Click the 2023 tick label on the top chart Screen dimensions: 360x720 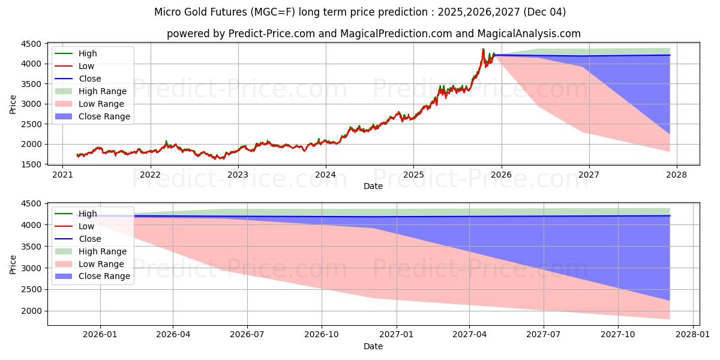tap(238, 175)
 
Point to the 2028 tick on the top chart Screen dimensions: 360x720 tap(677, 175)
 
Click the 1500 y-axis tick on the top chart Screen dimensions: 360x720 tap(31, 164)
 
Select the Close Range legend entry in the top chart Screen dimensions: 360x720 tap(104, 116)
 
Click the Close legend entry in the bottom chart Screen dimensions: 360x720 tap(89, 239)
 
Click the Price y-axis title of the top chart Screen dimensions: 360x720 tap(13, 104)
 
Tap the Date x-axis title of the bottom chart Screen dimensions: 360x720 tap(373, 346)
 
